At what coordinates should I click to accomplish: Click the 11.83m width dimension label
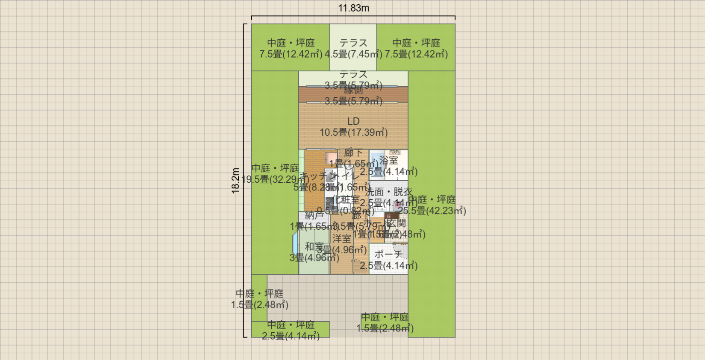tap(353, 8)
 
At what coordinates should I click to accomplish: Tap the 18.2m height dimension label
tap(235, 181)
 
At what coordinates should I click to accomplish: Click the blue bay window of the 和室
tap(295, 244)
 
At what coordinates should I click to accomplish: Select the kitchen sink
tap(330, 176)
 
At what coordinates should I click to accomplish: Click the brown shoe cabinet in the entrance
tap(391, 216)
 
